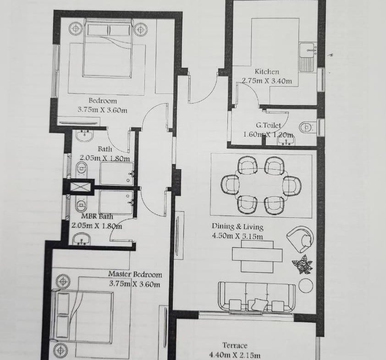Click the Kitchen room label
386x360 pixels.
click(267, 72)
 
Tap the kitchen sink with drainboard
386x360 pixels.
click(308, 57)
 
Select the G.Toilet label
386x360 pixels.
click(268, 125)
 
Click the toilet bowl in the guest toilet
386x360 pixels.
click(305, 127)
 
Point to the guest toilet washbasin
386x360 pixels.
click(286, 141)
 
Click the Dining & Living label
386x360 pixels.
click(237, 227)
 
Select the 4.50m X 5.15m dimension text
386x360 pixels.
click(237, 236)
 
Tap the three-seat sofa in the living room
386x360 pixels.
click(257, 296)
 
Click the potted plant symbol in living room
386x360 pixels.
click(302, 264)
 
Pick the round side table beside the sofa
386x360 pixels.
click(306, 286)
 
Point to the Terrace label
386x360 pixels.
click(235, 345)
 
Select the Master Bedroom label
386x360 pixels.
click(135, 274)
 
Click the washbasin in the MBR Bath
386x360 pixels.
click(82, 239)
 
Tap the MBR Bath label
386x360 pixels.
click(97, 216)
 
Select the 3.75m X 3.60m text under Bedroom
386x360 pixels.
click(102, 110)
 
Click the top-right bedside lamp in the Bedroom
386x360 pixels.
click(141, 30)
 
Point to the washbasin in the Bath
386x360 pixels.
click(84, 136)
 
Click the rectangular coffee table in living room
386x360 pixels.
click(257, 256)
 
